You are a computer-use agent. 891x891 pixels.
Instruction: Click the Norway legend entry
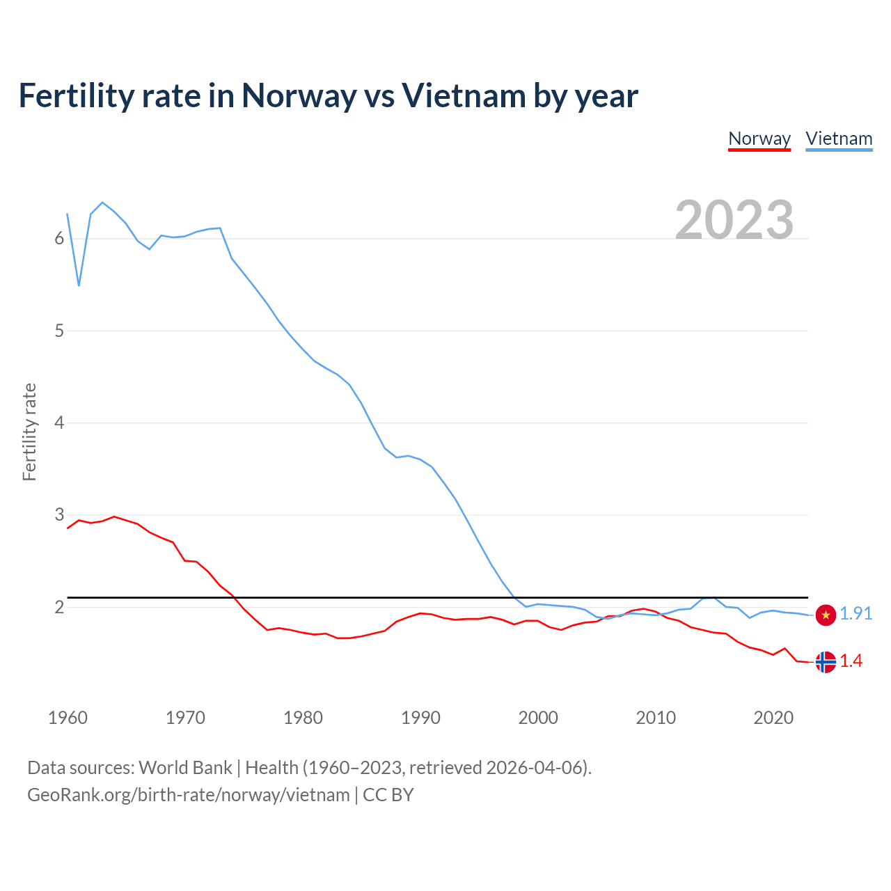point(759,139)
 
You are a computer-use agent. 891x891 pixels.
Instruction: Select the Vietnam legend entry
point(839,139)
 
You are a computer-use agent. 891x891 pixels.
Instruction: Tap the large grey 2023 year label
point(734,220)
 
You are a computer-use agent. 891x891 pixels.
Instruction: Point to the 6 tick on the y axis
point(59,239)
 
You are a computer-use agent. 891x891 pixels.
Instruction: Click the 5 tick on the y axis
point(59,331)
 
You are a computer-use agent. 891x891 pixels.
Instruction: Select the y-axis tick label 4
point(59,423)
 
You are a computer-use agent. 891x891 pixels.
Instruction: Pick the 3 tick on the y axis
point(59,515)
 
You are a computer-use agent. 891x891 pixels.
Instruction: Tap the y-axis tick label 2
point(59,608)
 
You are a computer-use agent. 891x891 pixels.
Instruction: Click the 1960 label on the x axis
point(68,718)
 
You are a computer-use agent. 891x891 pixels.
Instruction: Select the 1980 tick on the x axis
point(303,718)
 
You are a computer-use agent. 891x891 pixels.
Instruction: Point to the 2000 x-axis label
point(538,718)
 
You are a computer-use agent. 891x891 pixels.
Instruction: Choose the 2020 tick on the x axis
point(773,718)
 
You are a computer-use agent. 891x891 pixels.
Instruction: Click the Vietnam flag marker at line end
point(826,615)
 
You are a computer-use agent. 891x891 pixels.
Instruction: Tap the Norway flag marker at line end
point(826,661)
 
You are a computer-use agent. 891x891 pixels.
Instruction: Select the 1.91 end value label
point(855,613)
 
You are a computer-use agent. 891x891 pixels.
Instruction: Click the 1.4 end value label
point(851,661)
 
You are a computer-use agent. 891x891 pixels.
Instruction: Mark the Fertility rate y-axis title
point(29,432)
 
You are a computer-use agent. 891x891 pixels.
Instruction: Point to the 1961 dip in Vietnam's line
point(79,285)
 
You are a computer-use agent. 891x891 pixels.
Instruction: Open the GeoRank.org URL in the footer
point(188,795)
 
